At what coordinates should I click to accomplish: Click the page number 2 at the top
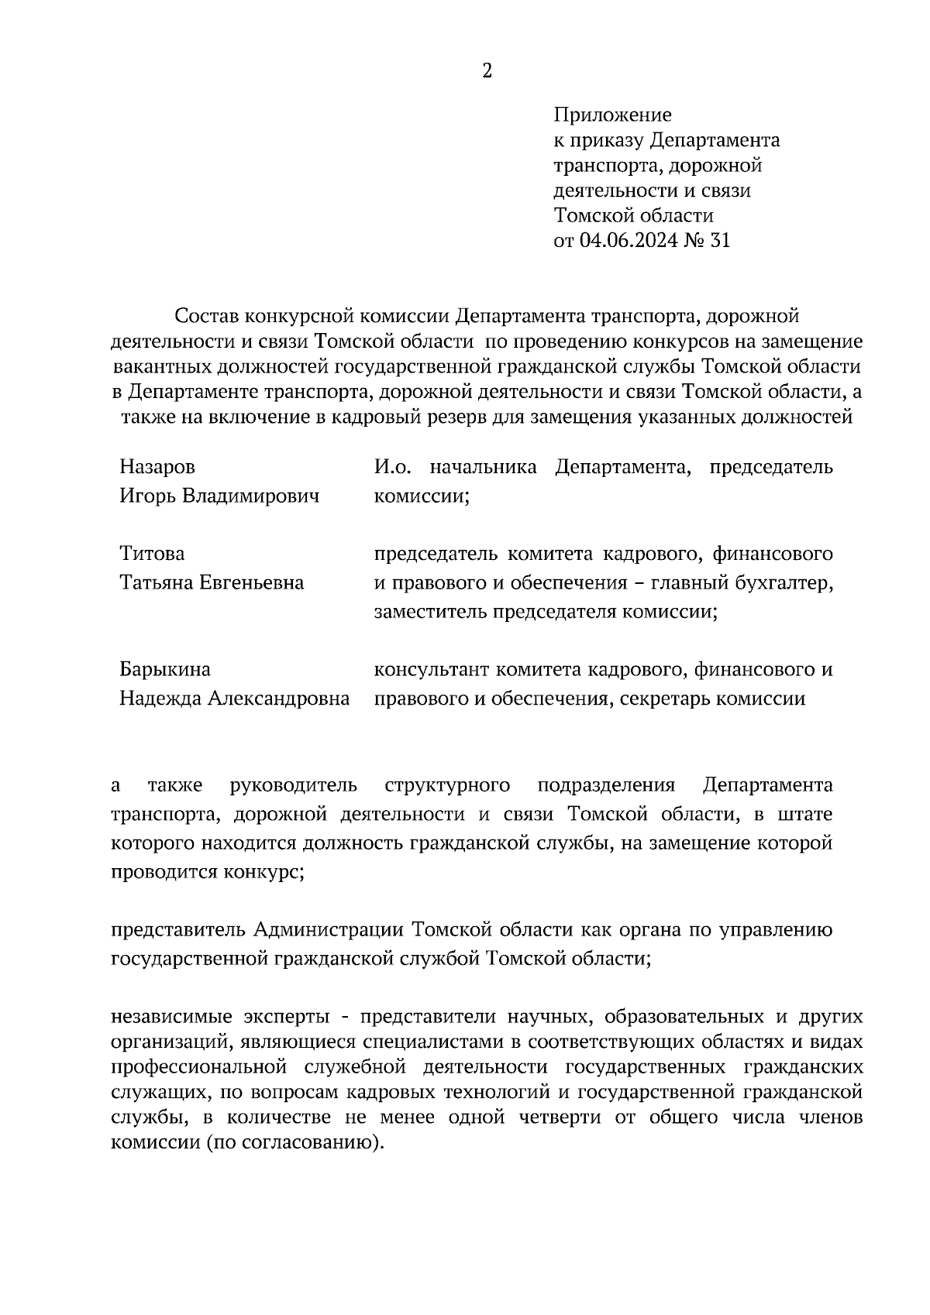tap(487, 71)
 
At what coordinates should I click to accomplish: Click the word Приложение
tap(612, 115)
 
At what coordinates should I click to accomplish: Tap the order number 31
tap(719, 240)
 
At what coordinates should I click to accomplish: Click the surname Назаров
tap(157, 467)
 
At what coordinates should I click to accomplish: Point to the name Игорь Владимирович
tap(219, 496)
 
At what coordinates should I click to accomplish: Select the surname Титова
tap(152, 554)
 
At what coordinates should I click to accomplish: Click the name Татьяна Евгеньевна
tap(212, 582)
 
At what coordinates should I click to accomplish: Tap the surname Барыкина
tap(165, 669)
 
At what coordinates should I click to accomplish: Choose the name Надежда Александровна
tap(234, 699)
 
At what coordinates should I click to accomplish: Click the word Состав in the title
tap(207, 316)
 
